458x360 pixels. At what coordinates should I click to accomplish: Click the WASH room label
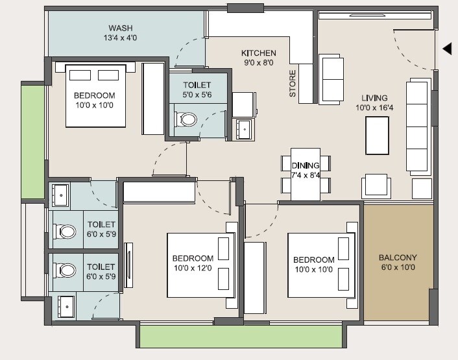pyautogui.click(x=121, y=28)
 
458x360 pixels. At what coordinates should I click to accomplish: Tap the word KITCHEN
pyautogui.click(x=259, y=53)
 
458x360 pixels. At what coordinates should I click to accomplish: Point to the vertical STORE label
pyautogui.click(x=293, y=84)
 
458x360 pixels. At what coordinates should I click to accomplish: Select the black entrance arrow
pyautogui.click(x=447, y=49)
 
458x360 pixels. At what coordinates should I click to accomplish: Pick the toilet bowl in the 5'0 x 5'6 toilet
pyautogui.click(x=188, y=119)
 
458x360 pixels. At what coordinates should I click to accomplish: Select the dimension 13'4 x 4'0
pyautogui.click(x=121, y=38)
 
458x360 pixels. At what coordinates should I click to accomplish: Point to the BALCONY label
pyautogui.click(x=398, y=258)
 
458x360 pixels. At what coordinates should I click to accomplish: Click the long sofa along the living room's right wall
pyautogui.click(x=419, y=126)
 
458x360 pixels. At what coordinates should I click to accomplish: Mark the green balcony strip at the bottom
pyautogui.click(x=240, y=336)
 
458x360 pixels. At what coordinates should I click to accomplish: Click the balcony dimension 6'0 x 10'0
pyautogui.click(x=398, y=267)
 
